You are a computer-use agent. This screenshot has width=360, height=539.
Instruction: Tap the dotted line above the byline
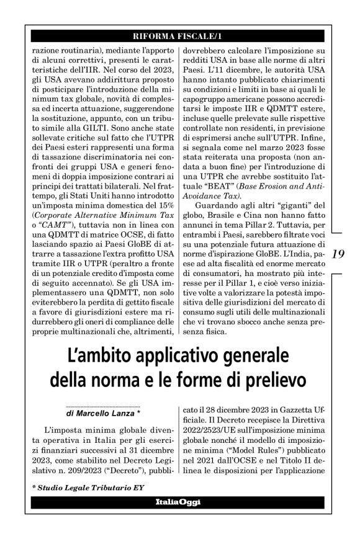click(102, 405)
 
